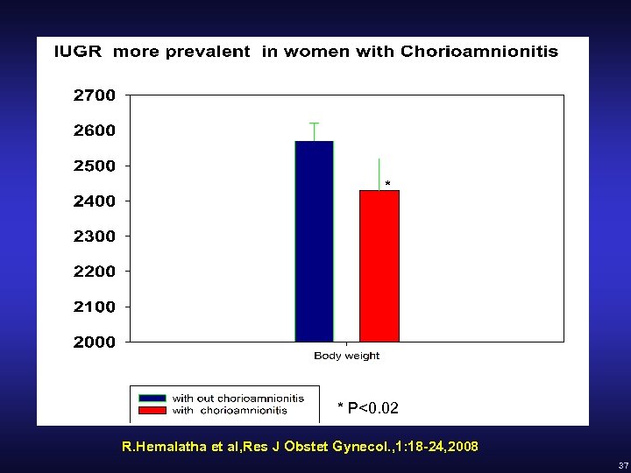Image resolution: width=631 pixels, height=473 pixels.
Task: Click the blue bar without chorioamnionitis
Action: pyautogui.click(x=314, y=241)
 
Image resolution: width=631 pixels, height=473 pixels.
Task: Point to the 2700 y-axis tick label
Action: pyautogui.click(x=94, y=95)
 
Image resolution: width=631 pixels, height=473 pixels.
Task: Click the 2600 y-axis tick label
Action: pyautogui.click(x=94, y=131)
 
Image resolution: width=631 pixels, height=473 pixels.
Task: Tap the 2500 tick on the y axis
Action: pyautogui.click(x=94, y=166)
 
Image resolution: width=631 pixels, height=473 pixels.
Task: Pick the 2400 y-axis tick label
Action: pyautogui.click(x=94, y=201)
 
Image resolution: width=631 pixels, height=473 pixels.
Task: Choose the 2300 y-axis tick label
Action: pyautogui.click(x=94, y=236)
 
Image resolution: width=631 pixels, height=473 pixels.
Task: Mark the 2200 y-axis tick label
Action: pyautogui.click(x=94, y=272)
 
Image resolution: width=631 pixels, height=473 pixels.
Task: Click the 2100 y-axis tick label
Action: pyautogui.click(x=94, y=307)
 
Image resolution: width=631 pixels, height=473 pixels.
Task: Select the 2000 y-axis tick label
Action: pyautogui.click(x=94, y=342)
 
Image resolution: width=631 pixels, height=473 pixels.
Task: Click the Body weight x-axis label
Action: pyautogui.click(x=347, y=356)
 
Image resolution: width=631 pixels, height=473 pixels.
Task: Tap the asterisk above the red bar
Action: pyautogui.click(x=387, y=184)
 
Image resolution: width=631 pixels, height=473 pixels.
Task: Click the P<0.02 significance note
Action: pyautogui.click(x=368, y=408)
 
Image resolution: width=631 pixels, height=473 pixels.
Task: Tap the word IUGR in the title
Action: pyautogui.click(x=78, y=52)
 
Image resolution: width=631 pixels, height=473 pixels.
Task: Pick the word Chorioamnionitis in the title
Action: pyautogui.click(x=479, y=52)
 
